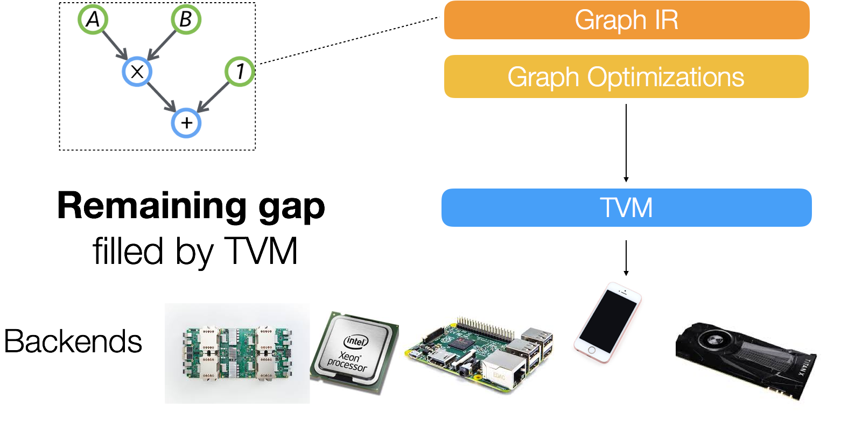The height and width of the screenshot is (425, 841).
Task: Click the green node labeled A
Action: (x=93, y=20)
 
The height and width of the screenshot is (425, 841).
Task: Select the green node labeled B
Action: (x=186, y=20)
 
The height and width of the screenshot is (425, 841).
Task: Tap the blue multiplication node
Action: (x=137, y=71)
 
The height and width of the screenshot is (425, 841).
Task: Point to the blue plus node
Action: (x=186, y=123)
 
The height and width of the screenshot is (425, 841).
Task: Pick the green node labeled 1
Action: (x=240, y=71)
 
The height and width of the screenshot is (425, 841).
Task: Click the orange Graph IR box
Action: (x=626, y=20)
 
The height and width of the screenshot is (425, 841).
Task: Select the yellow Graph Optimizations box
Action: (x=626, y=76)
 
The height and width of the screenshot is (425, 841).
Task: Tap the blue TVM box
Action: (x=626, y=208)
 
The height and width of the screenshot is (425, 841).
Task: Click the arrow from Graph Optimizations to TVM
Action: (x=626, y=143)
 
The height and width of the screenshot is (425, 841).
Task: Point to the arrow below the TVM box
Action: (x=626, y=257)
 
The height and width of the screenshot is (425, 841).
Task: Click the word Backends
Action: (x=73, y=342)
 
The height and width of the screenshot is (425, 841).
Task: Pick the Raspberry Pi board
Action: (x=479, y=353)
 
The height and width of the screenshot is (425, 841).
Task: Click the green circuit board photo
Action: (x=237, y=353)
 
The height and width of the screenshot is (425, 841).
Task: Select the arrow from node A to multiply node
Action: (x=115, y=45)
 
